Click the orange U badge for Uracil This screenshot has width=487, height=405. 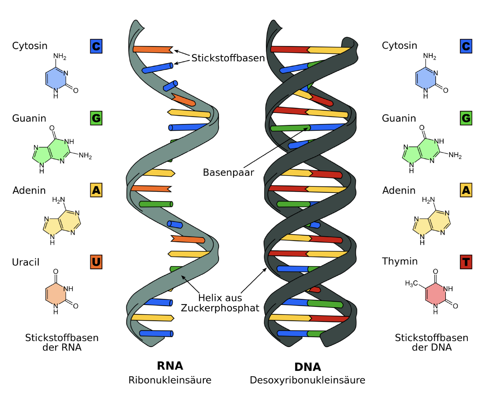pyautogui.click(x=96, y=262)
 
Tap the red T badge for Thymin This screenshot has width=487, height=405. pyautogui.click(x=466, y=262)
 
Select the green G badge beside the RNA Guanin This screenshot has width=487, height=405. pyautogui.click(x=96, y=118)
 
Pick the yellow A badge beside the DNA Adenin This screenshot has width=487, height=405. pyautogui.click(x=466, y=190)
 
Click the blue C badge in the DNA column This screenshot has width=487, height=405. pyautogui.click(x=466, y=46)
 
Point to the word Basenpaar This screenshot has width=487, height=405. pyautogui.click(x=228, y=172)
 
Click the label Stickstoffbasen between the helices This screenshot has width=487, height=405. pyautogui.click(x=228, y=58)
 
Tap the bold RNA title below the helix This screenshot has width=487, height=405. pyautogui.click(x=170, y=366)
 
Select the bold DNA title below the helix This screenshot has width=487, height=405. pyautogui.click(x=308, y=367)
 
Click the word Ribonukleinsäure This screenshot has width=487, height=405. pyautogui.click(x=170, y=380)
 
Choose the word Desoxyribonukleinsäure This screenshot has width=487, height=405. pyautogui.click(x=307, y=380)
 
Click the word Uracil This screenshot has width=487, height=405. pyautogui.click(x=26, y=262)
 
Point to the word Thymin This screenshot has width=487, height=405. pyautogui.click(x=400, y=261)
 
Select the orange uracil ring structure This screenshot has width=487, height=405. pyautogui.click(x=56, y=294)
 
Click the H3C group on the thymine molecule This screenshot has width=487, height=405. pyautogui.click(x=411, y=283)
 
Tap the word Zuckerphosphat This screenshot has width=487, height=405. pyautogui.click(x=220, y=308)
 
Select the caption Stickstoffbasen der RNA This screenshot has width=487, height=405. pyautogui.click(x=62, y=342)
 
